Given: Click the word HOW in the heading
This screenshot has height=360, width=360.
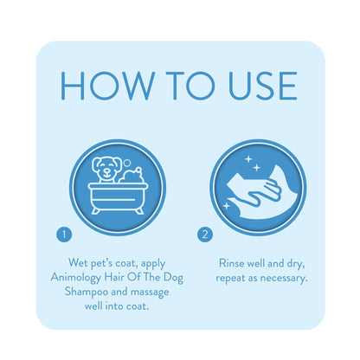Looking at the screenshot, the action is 107,86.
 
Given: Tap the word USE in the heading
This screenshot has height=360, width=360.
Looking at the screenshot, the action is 262,86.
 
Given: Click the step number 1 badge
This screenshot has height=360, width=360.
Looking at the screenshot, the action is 64,235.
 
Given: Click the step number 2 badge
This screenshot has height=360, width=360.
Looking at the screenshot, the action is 205,235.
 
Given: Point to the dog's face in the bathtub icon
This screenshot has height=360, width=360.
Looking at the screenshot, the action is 106,170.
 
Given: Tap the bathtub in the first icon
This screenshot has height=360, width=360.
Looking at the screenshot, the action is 118,198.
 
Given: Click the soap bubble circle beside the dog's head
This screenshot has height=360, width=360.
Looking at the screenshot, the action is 127,164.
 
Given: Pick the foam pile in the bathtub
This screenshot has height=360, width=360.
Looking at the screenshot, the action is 132,176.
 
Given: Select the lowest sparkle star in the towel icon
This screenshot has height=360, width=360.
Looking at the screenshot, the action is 227,206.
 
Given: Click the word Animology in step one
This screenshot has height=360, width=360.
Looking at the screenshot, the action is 76,278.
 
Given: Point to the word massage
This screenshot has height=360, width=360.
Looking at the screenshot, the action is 150,292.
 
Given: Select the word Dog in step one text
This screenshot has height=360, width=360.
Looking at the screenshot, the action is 173,278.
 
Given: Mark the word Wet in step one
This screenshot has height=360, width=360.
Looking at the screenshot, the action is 78,263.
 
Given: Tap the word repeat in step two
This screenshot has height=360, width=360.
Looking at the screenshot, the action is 230,279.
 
